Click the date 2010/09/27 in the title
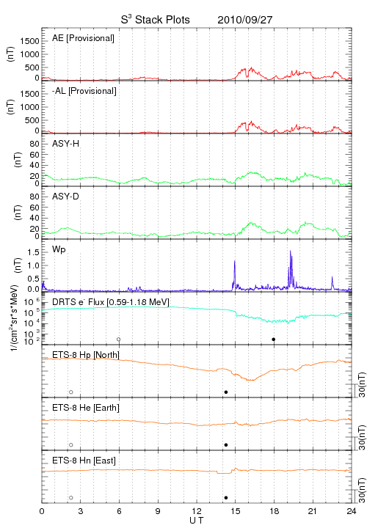click(244, 20)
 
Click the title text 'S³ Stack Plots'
click(156, 20)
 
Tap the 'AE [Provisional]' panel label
click(83, 38)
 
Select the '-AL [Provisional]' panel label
click(84, 91)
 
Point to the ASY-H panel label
click(66, 144)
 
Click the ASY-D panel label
click(65, 197)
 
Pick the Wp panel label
click(59, 250)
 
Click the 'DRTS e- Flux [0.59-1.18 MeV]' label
click(111, 302)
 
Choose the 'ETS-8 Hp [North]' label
click(86, 355)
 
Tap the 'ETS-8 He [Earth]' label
click(86, 408)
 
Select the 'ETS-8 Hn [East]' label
click(84, 461)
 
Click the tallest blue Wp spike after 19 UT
click(290, 251)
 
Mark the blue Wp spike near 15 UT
click(234, 261)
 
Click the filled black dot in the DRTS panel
click(274, 340)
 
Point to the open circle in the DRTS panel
click(119, 340)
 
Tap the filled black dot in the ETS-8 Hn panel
click(226, 498)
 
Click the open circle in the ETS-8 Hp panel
click(71, 392)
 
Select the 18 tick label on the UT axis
click(275, 511)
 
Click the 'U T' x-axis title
click(197, 521)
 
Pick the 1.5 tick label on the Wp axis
click(33, 252)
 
